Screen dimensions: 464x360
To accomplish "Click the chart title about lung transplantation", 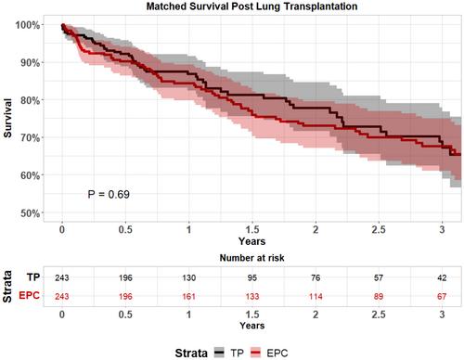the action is point(251,6).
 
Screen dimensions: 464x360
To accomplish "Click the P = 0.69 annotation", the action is point(109,194).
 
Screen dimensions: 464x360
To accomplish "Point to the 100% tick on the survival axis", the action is point(28,25).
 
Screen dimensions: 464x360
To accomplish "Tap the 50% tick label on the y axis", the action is point(30,213).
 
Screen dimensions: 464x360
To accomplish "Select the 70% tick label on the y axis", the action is point(30,137).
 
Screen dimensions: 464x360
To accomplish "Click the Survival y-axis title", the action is point(7,118).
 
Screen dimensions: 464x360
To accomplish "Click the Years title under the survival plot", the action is point(251,241).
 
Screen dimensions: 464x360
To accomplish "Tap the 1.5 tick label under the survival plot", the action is point(252,229).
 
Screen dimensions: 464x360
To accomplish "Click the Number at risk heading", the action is point(251,258).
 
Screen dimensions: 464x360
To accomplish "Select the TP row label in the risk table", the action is point(33,277).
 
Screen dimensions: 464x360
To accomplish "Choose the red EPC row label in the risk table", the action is point(30,295).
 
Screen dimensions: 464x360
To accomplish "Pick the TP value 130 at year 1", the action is point(188,277).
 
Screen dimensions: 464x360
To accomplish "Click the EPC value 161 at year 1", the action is point(188,296).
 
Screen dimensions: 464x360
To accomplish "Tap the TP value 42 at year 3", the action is point(442,277).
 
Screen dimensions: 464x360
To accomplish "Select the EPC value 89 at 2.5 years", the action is point(379,296).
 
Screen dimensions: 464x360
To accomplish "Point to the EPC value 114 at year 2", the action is point(316,296).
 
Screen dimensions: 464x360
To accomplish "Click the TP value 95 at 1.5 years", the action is point(252,277).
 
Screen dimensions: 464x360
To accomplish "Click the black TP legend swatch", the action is point(219,353).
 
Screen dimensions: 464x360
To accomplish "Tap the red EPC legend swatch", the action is point(255,353).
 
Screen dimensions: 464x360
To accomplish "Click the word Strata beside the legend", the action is point(191,353).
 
